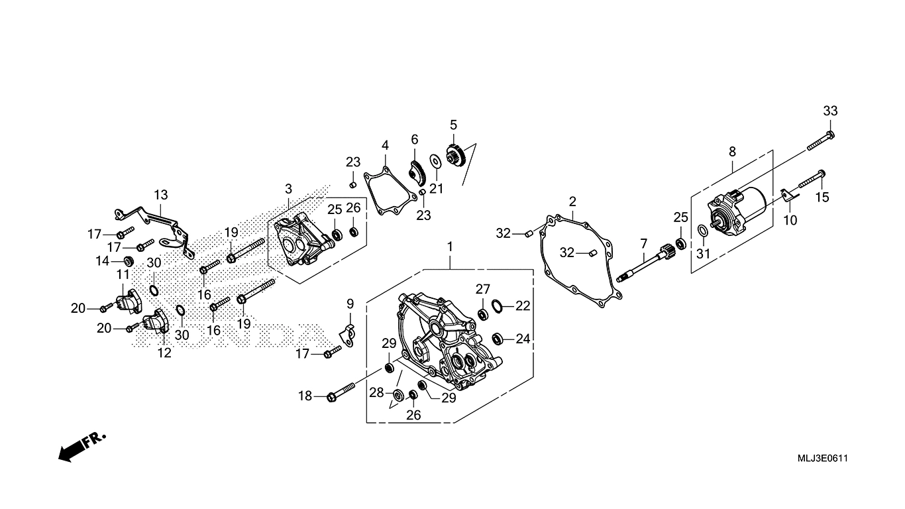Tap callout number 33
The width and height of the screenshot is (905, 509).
coord(830,111)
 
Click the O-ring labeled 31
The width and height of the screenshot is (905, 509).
coord(702,231)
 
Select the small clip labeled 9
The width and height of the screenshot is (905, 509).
coord(348,331)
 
